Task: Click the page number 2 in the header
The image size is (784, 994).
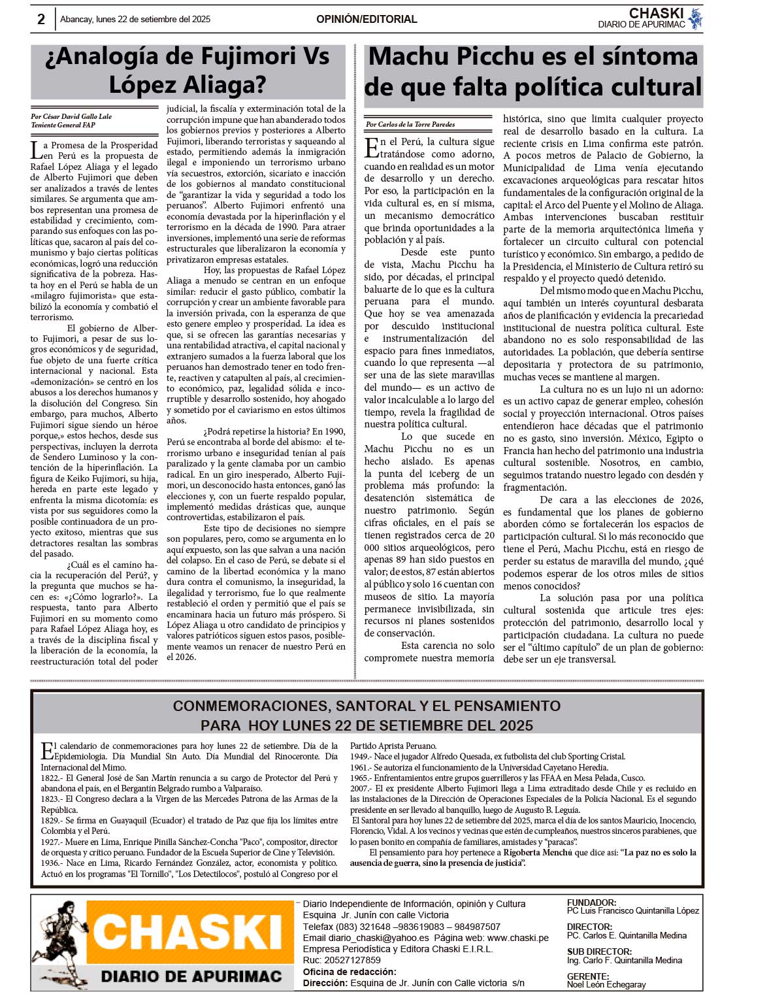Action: [x=41, y=20]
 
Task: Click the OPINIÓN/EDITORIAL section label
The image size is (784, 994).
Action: [x=366, y=20]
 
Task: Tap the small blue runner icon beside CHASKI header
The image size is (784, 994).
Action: [x=695, y=19]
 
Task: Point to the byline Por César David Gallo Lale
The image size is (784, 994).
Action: [x=71, y=117]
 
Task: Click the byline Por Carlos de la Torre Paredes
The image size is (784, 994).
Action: [x=410, y=124]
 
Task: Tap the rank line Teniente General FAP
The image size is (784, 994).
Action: [x=63, y=125]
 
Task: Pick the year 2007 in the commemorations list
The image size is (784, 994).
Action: [x=359, y=789]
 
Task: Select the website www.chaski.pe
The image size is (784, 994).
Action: [x=517, y=938]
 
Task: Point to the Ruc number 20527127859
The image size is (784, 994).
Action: [x=351, y=960]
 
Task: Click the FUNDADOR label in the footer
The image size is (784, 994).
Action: [x=591, y=903]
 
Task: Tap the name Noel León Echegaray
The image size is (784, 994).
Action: [x=606, y=985]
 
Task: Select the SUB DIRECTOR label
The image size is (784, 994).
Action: [x=599, y=952]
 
